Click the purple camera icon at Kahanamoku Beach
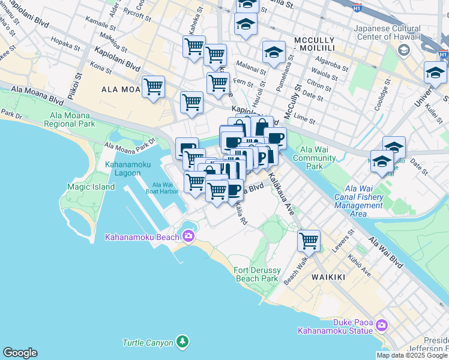pyautogui.click(x=189, y=236)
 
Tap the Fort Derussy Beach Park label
pyautogui.click(x=256, y=274)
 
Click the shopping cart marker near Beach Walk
pyautogui.click(x=309, y=241)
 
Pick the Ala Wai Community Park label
pyautogui.click(x=318, y=158)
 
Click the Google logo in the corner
pyautogui.click(x=20, y=353)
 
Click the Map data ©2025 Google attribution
pyautogui.click(x=412, y=355)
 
